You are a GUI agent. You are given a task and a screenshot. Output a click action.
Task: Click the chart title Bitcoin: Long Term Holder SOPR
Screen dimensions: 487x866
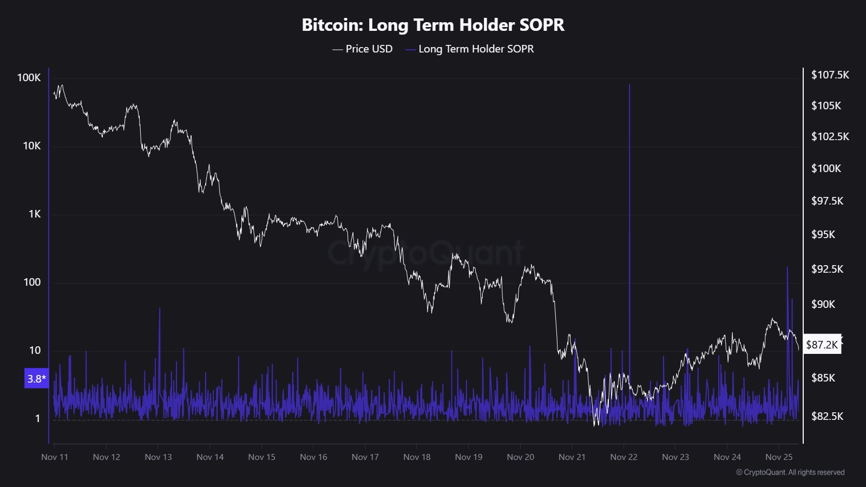[x=433, y=25]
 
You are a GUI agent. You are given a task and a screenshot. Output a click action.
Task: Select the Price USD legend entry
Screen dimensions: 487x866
[x=363, y=49]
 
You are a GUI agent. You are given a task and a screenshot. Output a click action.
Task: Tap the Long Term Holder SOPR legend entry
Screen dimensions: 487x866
[x=470, y=49]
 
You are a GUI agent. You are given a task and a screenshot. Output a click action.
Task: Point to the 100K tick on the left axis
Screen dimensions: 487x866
[x=29, y=77]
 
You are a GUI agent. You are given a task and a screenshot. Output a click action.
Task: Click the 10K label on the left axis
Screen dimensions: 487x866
[x=31, y=146]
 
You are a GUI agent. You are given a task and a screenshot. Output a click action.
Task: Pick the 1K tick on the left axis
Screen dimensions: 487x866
[x=35, y=214]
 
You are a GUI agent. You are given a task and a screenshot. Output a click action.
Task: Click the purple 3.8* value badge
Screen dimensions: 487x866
[x=36, y=379]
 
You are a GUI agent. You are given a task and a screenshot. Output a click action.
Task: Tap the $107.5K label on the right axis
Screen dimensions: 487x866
[x=830, y=75]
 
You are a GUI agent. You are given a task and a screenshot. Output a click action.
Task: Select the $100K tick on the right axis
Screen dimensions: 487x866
[x=826, y=168]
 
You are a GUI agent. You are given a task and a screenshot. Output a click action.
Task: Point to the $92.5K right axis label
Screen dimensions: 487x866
[x=827, y=269]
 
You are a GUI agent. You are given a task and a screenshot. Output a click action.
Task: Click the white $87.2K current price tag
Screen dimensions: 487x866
[x=822, y=344]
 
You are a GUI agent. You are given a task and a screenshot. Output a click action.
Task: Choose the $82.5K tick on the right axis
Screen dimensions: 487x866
[x=827, y=416]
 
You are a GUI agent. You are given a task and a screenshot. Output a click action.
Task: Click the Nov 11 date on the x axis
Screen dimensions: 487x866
[x=55, y=457]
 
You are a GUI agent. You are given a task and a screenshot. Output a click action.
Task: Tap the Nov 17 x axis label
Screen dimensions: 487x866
[x=365, y=457]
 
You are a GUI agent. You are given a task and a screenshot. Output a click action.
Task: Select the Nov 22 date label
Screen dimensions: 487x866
[x=624, y=457]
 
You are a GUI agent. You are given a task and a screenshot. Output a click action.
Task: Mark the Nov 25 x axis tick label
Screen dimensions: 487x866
[x=779, y=457]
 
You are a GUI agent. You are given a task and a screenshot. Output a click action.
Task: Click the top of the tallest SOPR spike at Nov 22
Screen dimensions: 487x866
[x=629, y=85]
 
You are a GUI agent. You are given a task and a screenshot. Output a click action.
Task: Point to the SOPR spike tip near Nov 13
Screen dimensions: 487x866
[x=160, y=308]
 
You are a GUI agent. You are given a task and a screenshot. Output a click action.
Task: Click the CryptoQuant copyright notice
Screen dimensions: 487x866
[x=790, y=472]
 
